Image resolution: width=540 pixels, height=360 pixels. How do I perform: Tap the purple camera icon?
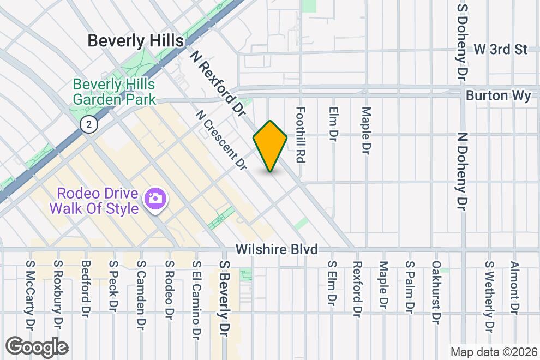click(x=155, y=197)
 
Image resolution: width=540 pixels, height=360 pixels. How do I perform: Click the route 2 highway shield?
click(x=88, y=124)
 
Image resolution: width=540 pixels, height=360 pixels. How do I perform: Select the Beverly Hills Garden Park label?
click(x=114, y=92)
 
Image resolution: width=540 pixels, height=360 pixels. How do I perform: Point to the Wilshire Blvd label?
click(x=277, y=249)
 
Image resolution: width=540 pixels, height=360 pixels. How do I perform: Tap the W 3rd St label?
click(x=500, y=49)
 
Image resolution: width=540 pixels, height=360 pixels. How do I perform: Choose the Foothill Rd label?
click(x=299, y=134)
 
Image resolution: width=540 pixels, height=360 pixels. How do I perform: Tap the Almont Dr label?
click(x=513, y=287)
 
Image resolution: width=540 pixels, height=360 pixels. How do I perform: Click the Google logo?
click(x=37, y=346)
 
